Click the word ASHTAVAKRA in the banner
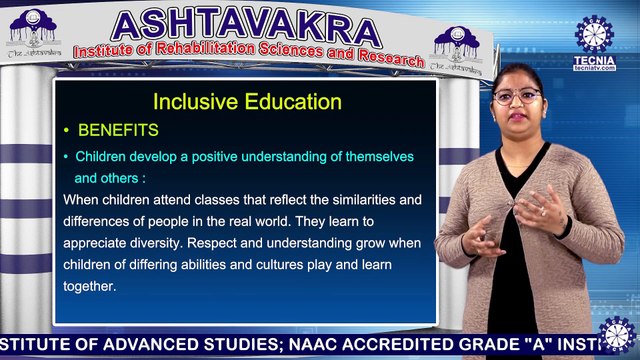(x=246, y=26)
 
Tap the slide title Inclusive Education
(x=246, y=102)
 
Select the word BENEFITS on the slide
(x=118, y=131)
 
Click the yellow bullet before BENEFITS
(x=66, y=131)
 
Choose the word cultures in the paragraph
(x=293, y=264)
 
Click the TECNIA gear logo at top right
(x=594, y=34)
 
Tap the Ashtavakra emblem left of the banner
(x=33, y=37)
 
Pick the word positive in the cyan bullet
(x=209, y=158)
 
